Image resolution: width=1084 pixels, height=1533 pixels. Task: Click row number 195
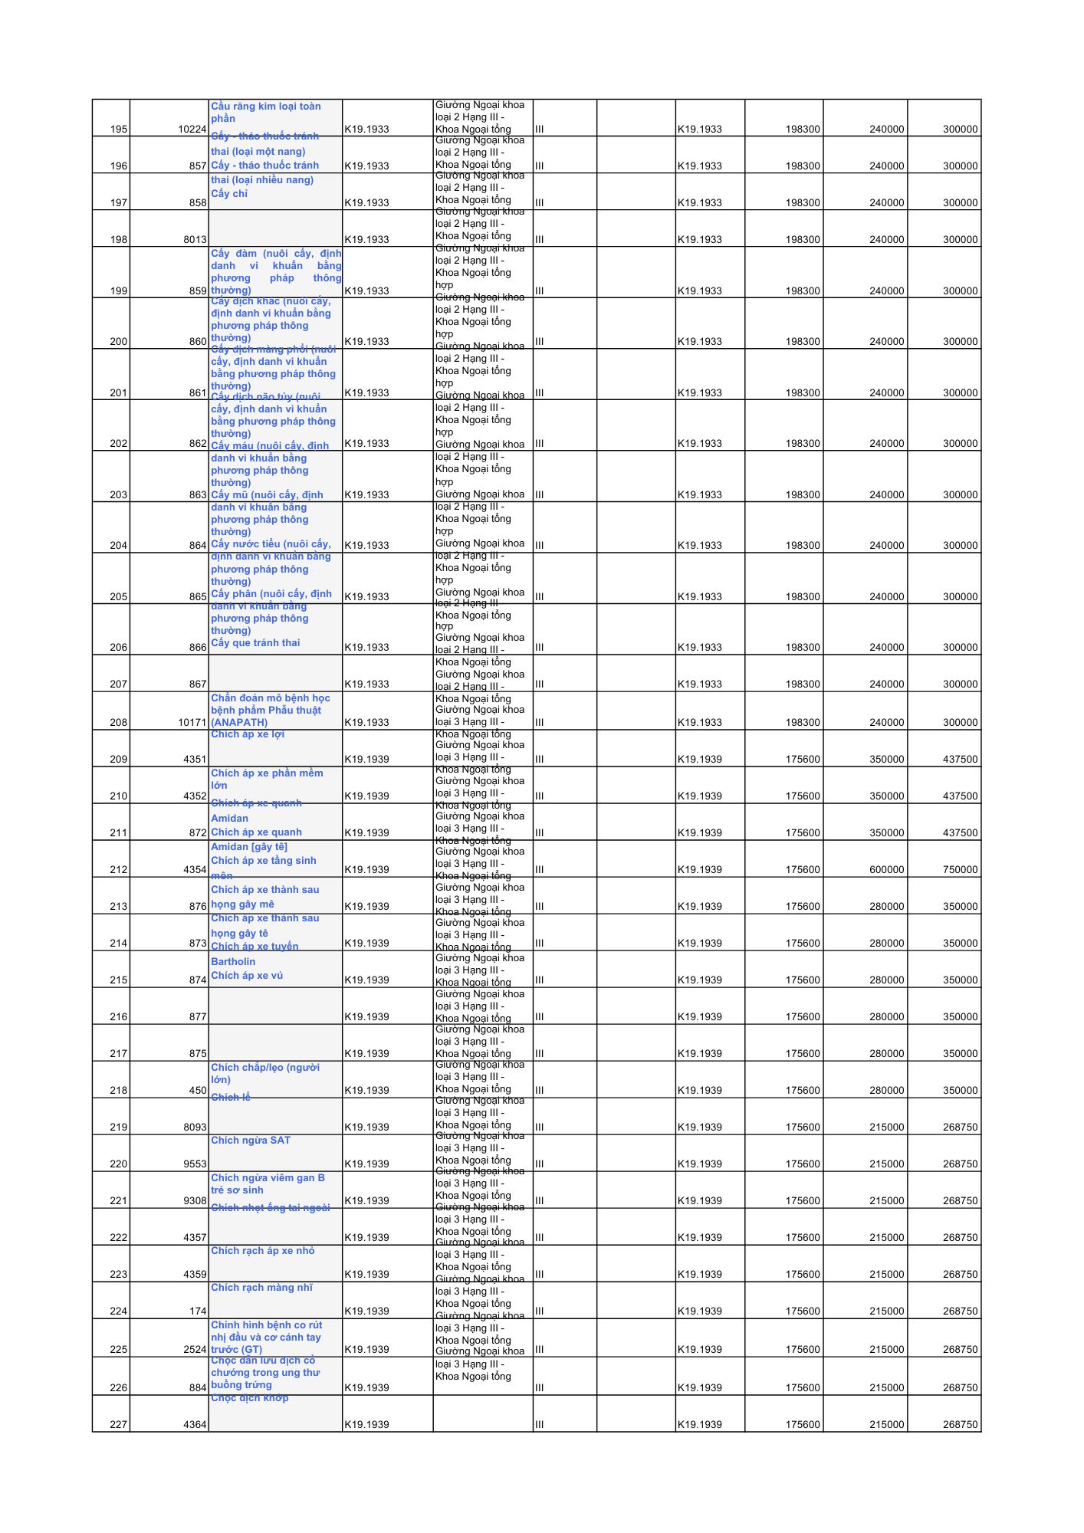coord(119,129)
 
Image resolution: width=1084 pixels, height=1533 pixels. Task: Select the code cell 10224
coord(192,129)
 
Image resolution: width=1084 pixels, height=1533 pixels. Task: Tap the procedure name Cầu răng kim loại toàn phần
coord(265,112)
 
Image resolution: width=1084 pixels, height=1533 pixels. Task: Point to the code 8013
coord(195,239)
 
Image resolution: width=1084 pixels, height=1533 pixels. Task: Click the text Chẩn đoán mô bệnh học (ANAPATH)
coord(270,710)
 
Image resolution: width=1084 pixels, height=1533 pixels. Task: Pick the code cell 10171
coord(192,722)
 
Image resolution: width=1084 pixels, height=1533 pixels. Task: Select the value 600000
coord(886,869)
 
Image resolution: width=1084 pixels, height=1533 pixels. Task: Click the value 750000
coord(960,869)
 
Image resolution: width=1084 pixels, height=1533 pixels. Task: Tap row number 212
coord(119,869)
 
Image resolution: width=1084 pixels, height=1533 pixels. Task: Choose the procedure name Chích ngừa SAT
coord(251,1140)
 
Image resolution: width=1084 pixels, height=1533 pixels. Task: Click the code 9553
coord(195,1164)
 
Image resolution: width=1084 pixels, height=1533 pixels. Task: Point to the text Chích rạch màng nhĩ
coord(261,1287)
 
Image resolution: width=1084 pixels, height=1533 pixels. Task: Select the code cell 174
coord(198,1311)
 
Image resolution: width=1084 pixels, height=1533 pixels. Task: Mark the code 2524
coord(195,1349)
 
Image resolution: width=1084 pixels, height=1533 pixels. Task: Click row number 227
coord(119,1424)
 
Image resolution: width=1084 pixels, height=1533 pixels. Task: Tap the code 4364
coord(195,1424)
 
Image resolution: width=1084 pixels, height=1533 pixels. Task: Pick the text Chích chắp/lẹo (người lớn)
coord(264,1073)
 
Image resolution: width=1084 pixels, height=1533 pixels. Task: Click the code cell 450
coord(198,1090)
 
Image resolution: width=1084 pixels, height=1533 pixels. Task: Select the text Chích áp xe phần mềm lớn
coord(267,779)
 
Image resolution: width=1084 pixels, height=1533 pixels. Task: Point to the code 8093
coord(195,1127)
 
